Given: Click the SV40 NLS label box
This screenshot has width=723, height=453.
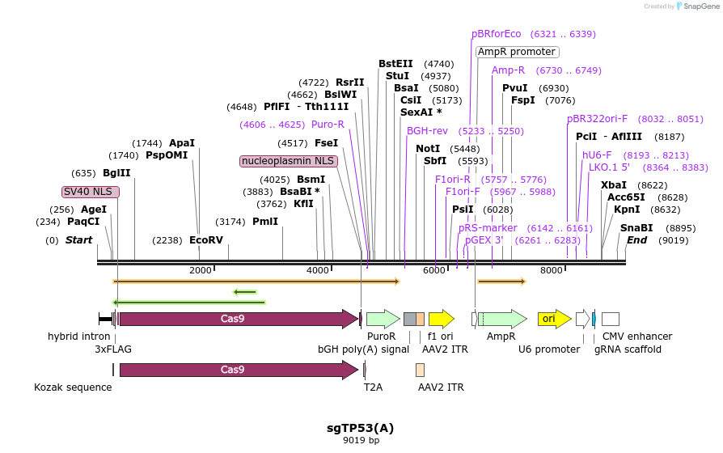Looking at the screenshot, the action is (91, 192).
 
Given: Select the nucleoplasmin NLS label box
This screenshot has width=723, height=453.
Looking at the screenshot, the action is (289, 161).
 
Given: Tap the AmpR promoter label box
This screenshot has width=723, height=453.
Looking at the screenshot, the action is (518, 52).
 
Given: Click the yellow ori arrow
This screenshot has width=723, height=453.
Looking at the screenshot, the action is (555, 319).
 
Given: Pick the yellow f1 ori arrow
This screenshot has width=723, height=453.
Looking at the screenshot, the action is (442, 319).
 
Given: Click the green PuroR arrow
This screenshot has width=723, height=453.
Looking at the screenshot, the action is (383, 319).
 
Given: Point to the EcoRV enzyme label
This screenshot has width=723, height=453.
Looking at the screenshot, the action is (206, 240).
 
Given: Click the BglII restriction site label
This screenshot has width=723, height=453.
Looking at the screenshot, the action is (116, 173).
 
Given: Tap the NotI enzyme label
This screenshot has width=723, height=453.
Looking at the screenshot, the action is (428, 149).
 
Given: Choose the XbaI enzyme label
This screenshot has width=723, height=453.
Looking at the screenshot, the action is (614, 185).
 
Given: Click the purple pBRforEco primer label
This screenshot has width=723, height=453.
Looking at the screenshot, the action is (496, 34).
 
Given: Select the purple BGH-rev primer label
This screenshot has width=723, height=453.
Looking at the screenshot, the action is (427, 131).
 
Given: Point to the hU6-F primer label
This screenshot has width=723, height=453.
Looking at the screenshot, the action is (597, 155).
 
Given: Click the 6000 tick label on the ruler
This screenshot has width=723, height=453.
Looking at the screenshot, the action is (434, 270).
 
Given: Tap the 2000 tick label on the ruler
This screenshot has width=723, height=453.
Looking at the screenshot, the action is (200, 270).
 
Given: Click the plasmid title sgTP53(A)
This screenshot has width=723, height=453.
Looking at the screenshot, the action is (360, 428).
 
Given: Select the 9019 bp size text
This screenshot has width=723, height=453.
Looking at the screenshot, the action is (361, 440).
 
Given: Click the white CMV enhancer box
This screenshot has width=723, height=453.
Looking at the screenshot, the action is (611, 319).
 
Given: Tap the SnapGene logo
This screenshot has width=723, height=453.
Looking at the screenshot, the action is (698, 6).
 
